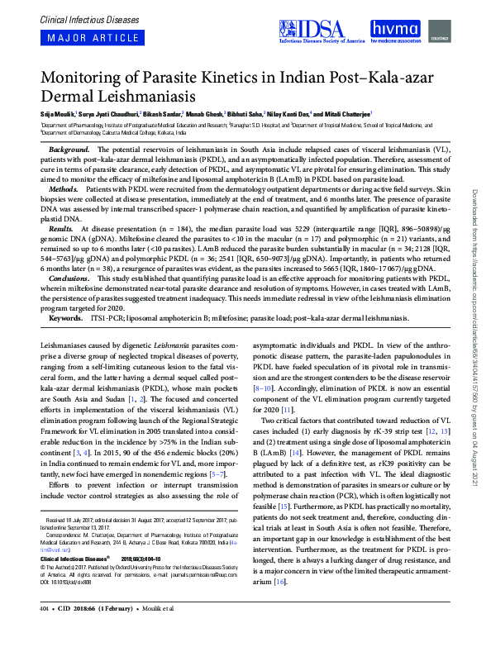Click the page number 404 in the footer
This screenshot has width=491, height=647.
point(45,633)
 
